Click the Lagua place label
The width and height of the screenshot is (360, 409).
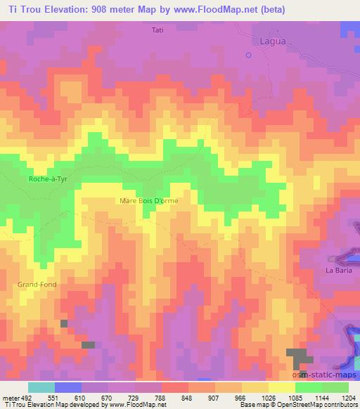tap(255, 41)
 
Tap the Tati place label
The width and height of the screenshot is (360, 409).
tap(158, 30)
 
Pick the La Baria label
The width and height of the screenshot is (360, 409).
tap(337, 270)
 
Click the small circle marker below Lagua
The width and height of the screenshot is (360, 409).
tap(248, 54)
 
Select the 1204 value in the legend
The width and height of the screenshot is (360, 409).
tap(349, 397)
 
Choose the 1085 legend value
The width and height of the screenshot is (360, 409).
tap(287, 397)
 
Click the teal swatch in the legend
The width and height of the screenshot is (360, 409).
tap(41, 387)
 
